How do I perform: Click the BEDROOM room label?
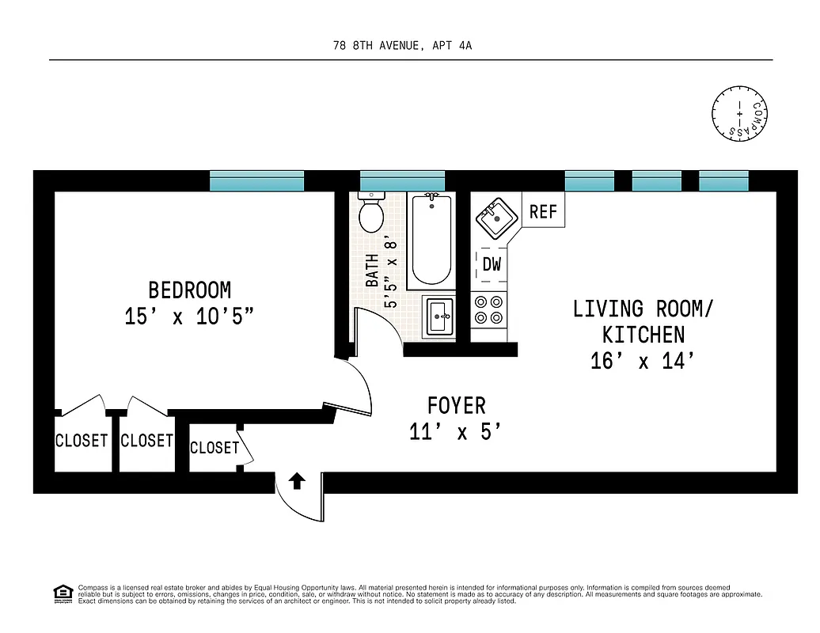tap(190, 290)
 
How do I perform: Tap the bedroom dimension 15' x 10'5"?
tap(190, 316)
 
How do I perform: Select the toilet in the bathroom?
tap(370, 211)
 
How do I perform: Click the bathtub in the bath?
tap(430, 241)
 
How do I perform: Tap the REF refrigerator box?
tap(543, 211)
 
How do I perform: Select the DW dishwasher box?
tap(492, 264)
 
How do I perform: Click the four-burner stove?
tap(488, 310)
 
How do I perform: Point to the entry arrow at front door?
tap(297, 480)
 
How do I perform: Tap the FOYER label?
tap(456, 406)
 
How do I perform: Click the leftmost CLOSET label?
tap(82, 440)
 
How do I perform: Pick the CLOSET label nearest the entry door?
tap(214, 448)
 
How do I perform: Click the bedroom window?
tap(256, 181)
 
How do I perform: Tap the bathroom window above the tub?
tap(402, 181)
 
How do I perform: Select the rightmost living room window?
tap(723, 181)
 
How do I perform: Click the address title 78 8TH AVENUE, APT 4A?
tap(403, 46)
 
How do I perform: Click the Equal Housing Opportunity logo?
tap(62, 592)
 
